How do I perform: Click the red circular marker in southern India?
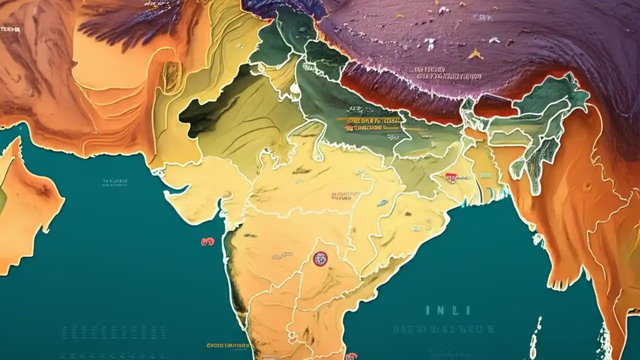point(320,258)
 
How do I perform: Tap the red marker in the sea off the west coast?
point(207,242)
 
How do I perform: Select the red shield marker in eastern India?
point(450,176)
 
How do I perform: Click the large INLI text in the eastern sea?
point(447,310)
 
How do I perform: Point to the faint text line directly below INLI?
point(443,329)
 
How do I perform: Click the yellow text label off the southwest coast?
point(227,345)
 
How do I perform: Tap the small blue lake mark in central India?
point(382,203)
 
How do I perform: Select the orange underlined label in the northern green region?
point(369,120)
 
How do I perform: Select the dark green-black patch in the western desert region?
point(205,112)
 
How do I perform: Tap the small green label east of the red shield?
point(484,176)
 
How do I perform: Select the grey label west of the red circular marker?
point(282,256)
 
